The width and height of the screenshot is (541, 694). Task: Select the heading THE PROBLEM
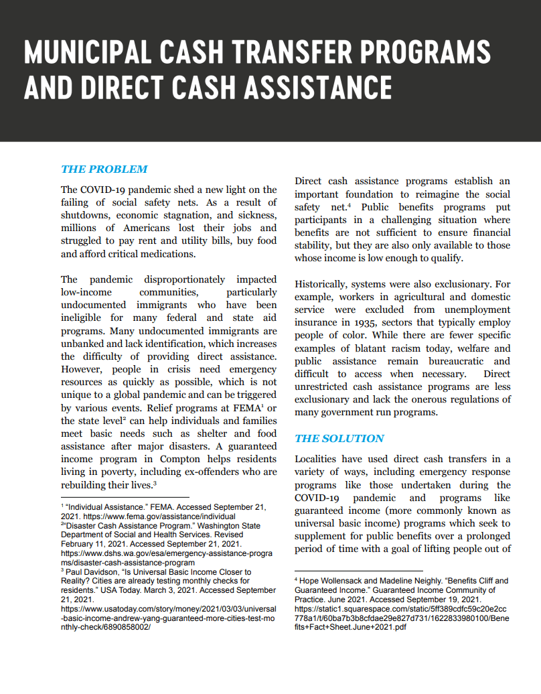[104, 169]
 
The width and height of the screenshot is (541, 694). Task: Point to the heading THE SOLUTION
[339, 438]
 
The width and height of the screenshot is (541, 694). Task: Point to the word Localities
[317, 459]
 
